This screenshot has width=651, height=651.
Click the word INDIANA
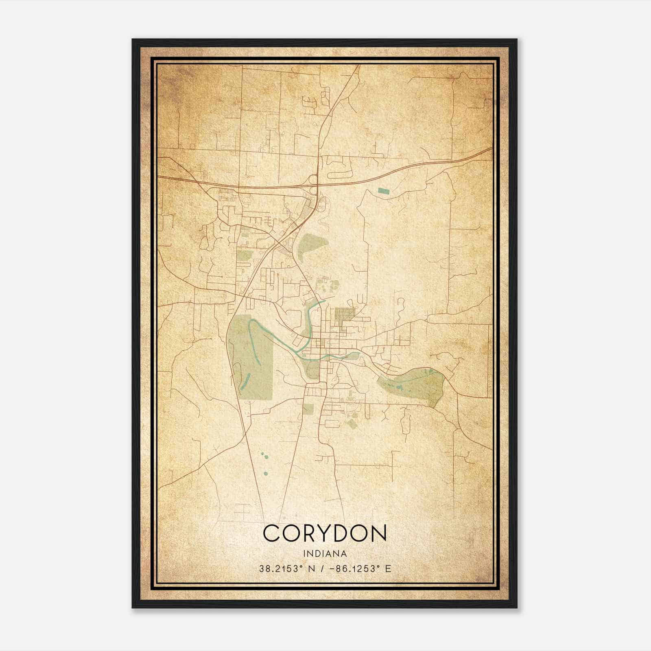325,553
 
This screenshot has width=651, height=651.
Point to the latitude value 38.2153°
280,568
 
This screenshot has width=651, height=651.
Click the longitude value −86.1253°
352,568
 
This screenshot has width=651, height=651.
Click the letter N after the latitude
312,568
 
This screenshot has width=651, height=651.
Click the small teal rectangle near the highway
383,190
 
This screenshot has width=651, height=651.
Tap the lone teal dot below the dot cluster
265,473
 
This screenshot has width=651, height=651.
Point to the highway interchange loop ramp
313,180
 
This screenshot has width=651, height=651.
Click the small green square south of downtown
308,409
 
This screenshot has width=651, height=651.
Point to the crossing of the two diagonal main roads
277,240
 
